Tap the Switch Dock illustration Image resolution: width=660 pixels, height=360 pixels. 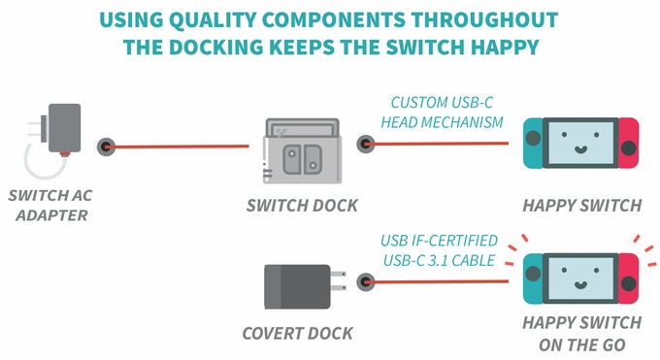coord(303,150)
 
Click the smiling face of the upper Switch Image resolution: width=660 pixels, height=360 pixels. coord(580,150)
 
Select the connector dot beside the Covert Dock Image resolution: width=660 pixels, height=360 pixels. coord(365,282)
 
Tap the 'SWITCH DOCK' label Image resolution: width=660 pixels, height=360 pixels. coord(301,206)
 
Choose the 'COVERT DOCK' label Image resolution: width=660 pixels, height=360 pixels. coord(297,334)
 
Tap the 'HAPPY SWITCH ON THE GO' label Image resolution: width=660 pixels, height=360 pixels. coord(581,332)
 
